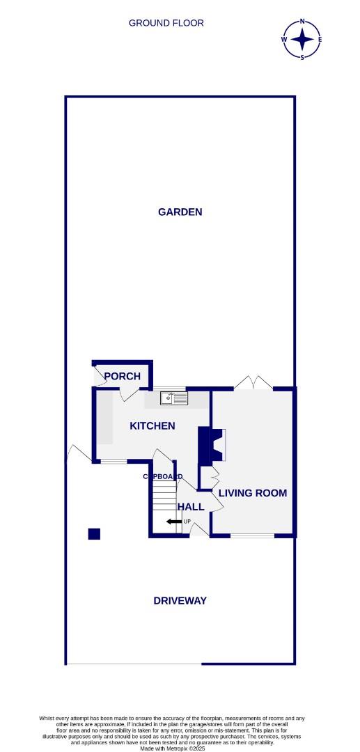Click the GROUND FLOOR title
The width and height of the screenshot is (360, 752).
(x=166, y=23)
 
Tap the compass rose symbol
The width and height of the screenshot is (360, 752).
(x=302, y=39)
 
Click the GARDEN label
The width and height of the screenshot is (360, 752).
(x=180, y=212)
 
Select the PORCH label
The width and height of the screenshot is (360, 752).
(x=122, y=377)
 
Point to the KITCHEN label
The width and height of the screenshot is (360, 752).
(x=152, y=425)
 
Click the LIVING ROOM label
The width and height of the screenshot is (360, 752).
(x=253, y=493)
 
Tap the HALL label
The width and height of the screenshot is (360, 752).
(x=191, y=507)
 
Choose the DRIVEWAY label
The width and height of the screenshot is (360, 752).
(x=180, y=600)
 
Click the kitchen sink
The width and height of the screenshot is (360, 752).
(x=174, y=398)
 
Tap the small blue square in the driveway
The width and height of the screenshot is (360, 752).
(x=94, y=534)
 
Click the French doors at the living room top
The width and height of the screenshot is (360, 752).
(x=252, y=382)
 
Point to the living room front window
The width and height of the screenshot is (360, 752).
(x=252, y=536)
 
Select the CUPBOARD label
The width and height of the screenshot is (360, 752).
(x=162, y=477)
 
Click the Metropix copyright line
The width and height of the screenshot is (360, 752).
(x=180, y=749)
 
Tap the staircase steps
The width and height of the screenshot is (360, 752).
(x=164, y=499)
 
